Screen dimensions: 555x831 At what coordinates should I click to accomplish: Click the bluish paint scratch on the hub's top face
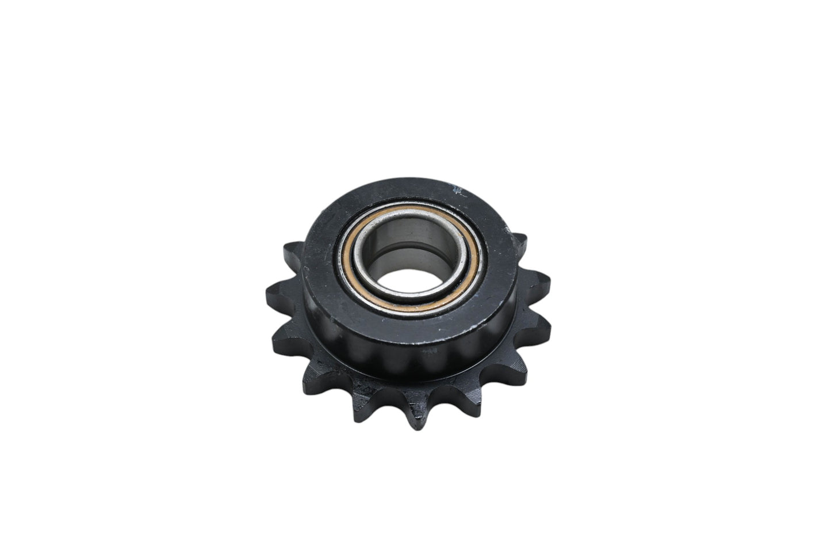pos(457,188)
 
